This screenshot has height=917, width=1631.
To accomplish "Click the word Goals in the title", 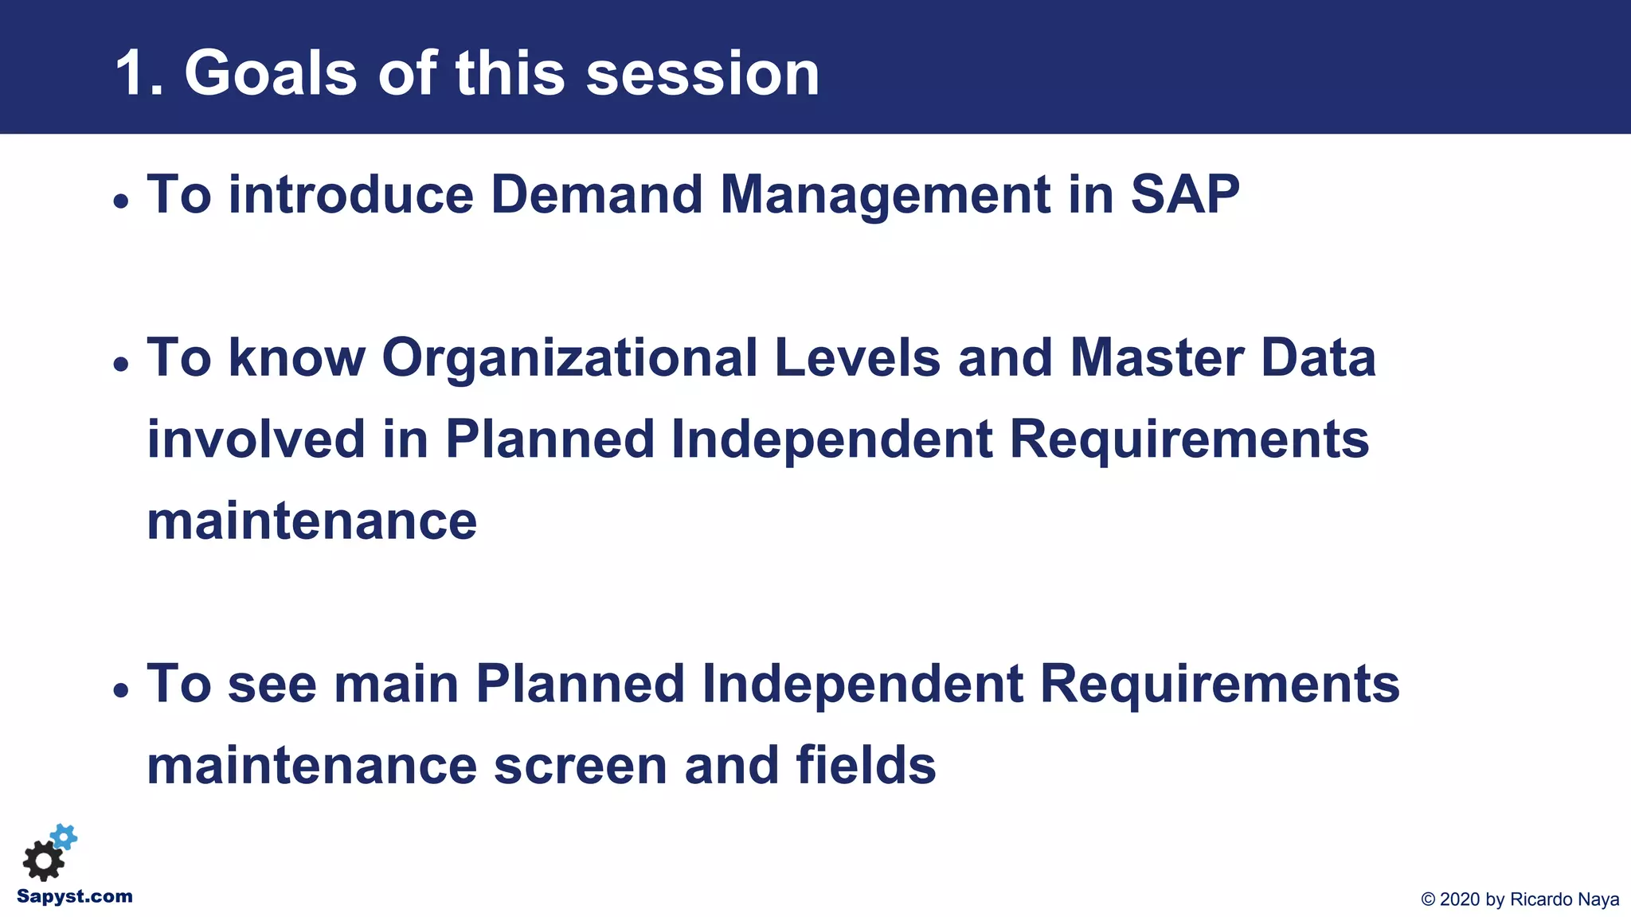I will (270, 74).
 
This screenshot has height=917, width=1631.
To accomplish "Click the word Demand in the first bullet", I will (596, 195).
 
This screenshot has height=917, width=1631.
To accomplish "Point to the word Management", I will (885, 195).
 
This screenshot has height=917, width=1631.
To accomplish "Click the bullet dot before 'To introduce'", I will (121, 201).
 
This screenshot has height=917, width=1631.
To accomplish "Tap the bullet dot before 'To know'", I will (121, 365).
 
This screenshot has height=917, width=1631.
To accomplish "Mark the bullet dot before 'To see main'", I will (121, 690).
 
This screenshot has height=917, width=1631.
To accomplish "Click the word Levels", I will (857, 358).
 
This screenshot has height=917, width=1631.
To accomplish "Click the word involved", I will (256, 439).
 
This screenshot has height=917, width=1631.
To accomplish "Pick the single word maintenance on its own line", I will (311, 521).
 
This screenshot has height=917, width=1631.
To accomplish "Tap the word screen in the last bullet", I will (580, 766).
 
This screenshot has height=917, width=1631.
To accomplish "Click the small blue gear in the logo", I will (65, 837).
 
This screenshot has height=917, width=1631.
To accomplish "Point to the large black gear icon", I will (43, 861).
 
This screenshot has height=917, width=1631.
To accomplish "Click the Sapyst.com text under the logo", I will (75, 896).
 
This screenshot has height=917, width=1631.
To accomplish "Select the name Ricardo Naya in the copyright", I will (1564, 899).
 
